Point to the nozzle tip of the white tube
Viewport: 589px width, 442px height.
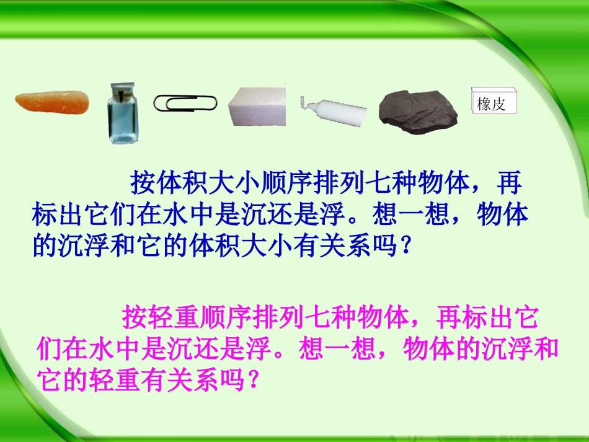tap(302, 100)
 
